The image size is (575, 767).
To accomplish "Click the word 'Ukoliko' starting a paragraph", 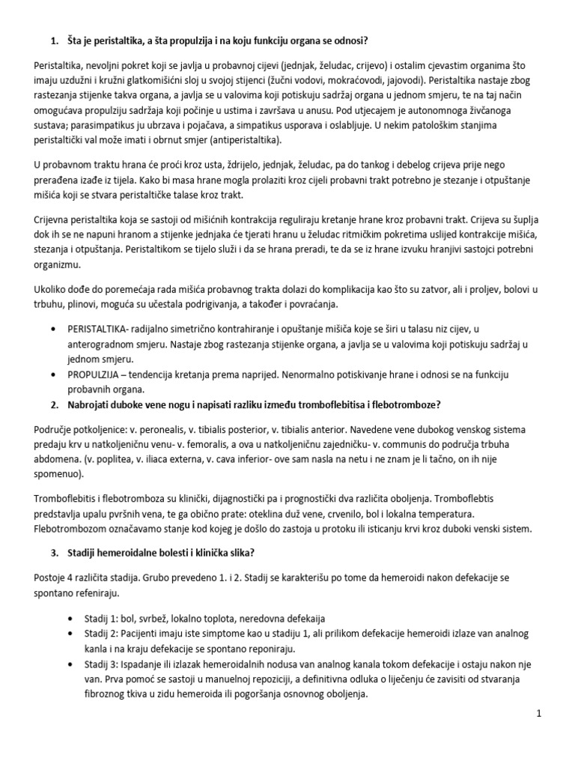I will (x=52, y=288).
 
